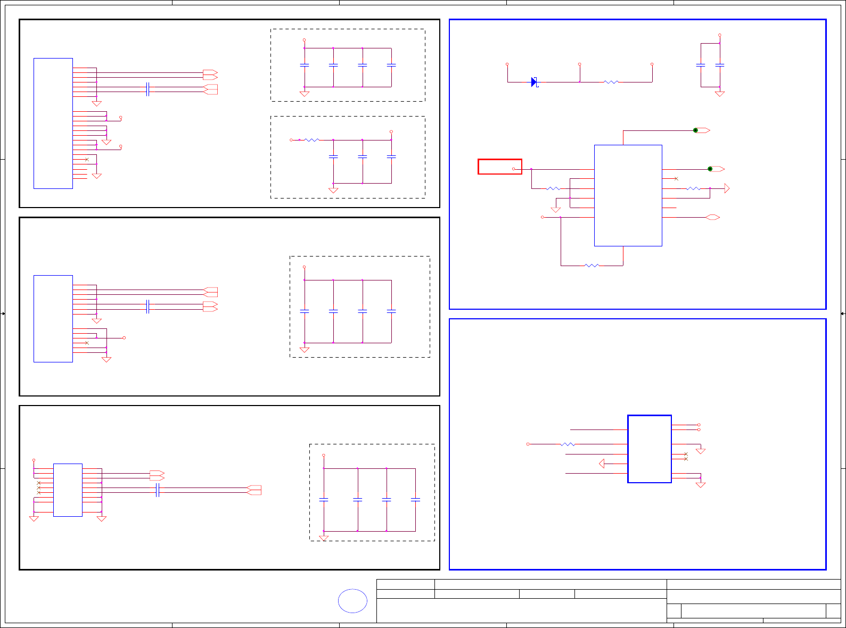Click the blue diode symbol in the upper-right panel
click(x=534, y=82)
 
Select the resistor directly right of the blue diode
click(x=611, y=82)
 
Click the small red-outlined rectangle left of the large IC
click(x=499, y=167)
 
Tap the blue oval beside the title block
click(x=352, y=601)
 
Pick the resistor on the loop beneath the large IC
click(x=592, y=266)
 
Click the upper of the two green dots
click(x=695, y=130)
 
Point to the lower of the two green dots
click(x=710, y=169)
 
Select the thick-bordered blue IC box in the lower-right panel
click(x=649, y=449)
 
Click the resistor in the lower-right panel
click(x=568, y=444)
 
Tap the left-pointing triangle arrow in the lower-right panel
click(x=602, y=464)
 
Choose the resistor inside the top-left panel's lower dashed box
click(x=311, y=140)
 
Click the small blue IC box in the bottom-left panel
click(x=68, y=490)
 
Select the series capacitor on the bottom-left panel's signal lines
click(x=158, y=491)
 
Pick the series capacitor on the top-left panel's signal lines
click(x=147, y=89)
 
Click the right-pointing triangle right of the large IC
click(x=727, y=188)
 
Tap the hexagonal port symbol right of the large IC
click(x=712, y=217)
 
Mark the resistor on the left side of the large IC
click(x=553, y=188)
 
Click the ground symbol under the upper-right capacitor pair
click(x=719, y=94)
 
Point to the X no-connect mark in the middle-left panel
click(x=87, y=343)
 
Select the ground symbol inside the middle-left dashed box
click(x=305, y=350)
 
